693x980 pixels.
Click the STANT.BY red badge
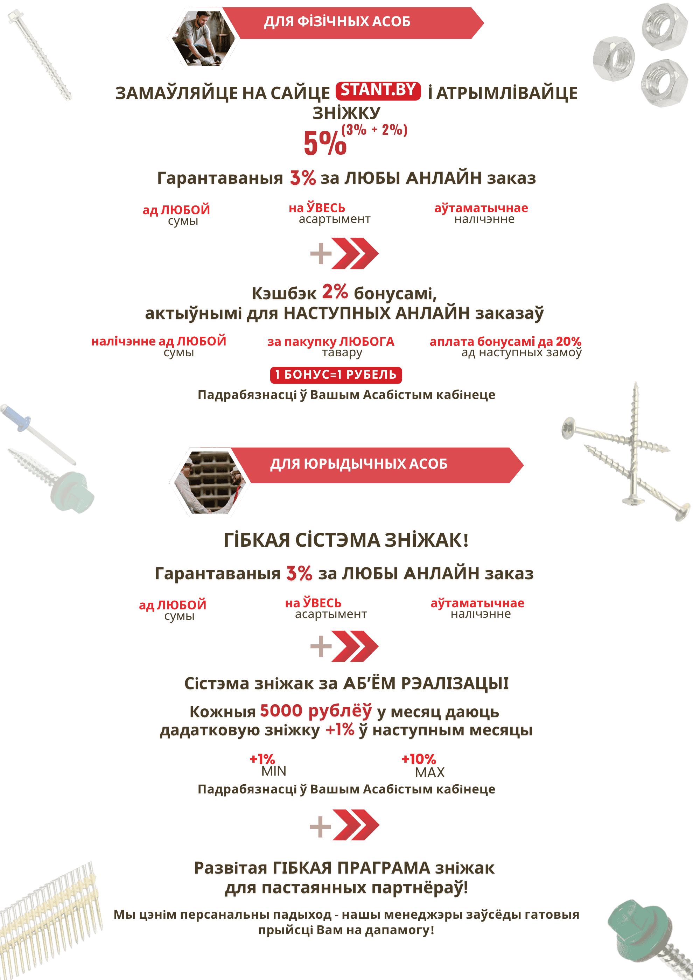pos(378,90)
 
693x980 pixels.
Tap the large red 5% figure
pos(325,143)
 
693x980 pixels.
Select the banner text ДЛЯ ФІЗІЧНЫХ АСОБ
pos(337,21)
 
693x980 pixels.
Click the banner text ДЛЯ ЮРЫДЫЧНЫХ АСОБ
pos(358,464)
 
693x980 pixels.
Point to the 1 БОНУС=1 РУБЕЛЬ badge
pos(336,375)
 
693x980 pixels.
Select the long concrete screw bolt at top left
pos(41,56)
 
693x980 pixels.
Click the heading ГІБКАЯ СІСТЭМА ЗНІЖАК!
pos(346,540)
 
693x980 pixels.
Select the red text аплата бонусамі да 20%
pos(505,342)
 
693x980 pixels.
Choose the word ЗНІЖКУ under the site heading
pos(346,113)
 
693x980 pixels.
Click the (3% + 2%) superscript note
pos(374,129)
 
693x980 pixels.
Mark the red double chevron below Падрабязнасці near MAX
pos(356,825)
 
